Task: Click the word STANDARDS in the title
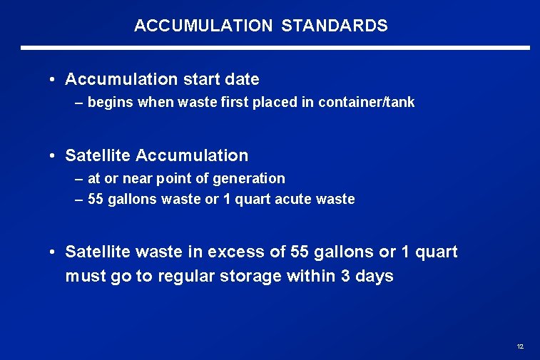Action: (335, 26)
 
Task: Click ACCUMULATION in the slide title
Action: (203, 26)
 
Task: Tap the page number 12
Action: (520, 346)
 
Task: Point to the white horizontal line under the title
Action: (275, 48)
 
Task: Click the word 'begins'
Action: (110, 103)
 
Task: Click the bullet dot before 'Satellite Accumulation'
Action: (54, 155)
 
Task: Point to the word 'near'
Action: (137, 179)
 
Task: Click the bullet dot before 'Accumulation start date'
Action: (54, 79)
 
